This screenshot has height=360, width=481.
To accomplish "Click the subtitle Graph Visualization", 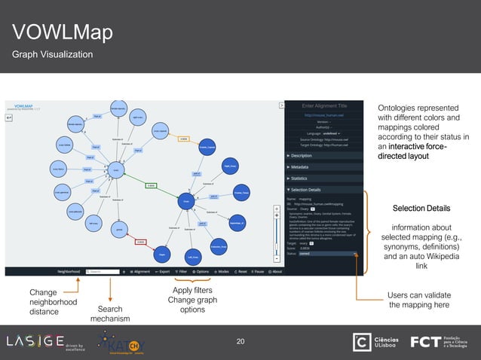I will [x=51, y=54].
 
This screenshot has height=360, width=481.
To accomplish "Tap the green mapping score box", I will [x=151, y=185].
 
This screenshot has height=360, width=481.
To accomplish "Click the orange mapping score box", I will [x=183, y=139].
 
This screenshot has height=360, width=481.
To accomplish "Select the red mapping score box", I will [x=140, y=242].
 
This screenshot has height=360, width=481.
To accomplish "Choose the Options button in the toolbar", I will [x=201, y=271].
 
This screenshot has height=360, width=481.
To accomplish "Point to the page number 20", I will [x=240, y=342].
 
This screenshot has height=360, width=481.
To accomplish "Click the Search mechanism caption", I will [x=110, y=314].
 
